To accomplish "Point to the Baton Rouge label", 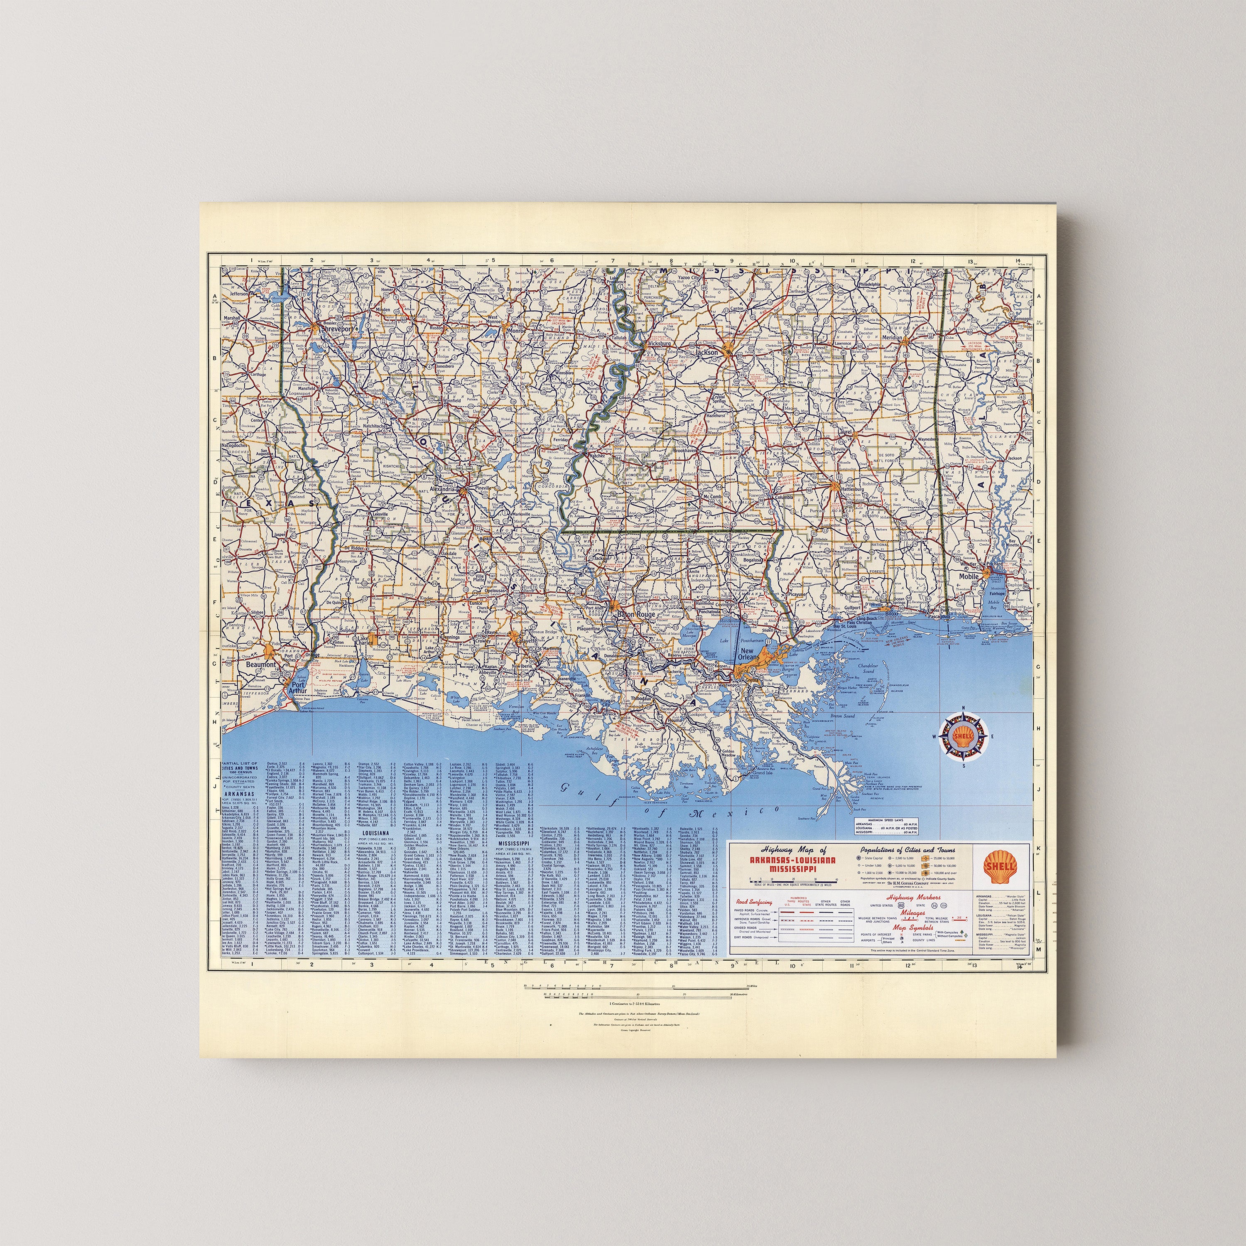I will click(x=636, y=615).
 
